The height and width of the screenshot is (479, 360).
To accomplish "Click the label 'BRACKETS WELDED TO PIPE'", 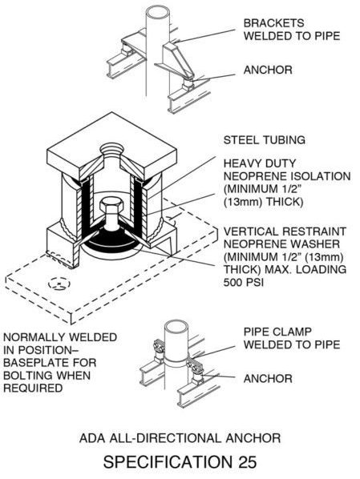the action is pos(292,30).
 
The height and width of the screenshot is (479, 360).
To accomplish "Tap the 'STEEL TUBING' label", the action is pos(265,140).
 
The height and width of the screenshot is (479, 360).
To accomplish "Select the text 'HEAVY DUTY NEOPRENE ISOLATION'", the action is pos(287,170).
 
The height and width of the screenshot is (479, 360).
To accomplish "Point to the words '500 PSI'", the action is pos(244,282).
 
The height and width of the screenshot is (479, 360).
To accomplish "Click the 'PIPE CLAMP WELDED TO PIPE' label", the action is pos(292,338).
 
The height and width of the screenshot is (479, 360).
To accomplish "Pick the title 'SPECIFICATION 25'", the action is pos(180,461).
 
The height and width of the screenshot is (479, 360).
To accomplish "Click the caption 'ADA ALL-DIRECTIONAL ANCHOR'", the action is pos(180,438).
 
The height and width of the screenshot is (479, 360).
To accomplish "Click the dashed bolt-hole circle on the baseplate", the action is pos(59,284).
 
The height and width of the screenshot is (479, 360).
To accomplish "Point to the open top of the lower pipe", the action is pos(176,328).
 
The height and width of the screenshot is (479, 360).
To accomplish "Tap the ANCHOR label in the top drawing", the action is pos(268,70).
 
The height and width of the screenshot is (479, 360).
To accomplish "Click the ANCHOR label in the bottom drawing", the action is pos(268,379).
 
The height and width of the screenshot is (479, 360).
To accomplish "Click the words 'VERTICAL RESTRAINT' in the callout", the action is pos(285,231).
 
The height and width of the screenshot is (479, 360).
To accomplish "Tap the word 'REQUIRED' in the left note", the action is pos(33,388).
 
